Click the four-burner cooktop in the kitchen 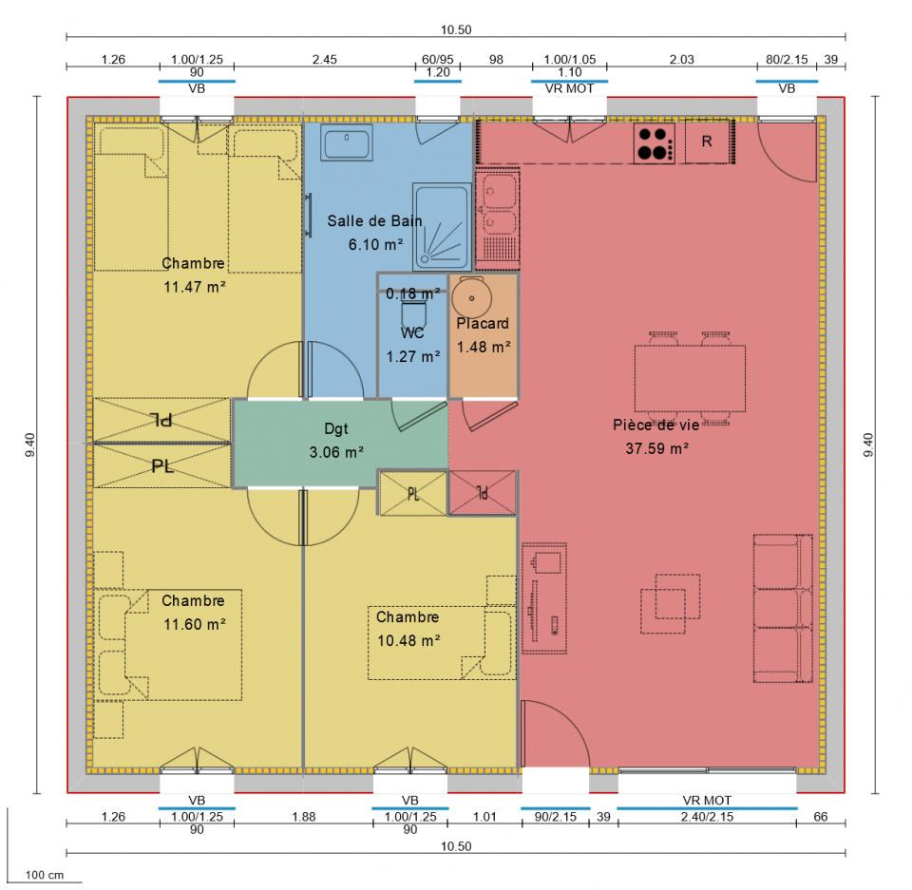pos(655,143)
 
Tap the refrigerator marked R pos(707,142)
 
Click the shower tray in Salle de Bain pos(442,227)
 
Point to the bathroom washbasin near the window pos(347,143)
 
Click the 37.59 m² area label pos(657,448)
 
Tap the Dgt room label pos(336,428)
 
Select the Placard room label pos(483,324)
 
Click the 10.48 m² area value pos(408,640)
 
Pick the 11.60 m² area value pos(194,624)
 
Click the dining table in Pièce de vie pos(690,378)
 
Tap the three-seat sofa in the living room pos(783,608)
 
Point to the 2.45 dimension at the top pos(324,59)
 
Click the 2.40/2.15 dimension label pos(707,817)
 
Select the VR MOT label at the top pos(569,88)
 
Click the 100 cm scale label pos(45,875)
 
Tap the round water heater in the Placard pos(472,298)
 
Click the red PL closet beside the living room pos(483,493)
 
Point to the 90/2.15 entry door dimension pos(556,817)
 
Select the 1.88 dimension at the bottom pos(304,817)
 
